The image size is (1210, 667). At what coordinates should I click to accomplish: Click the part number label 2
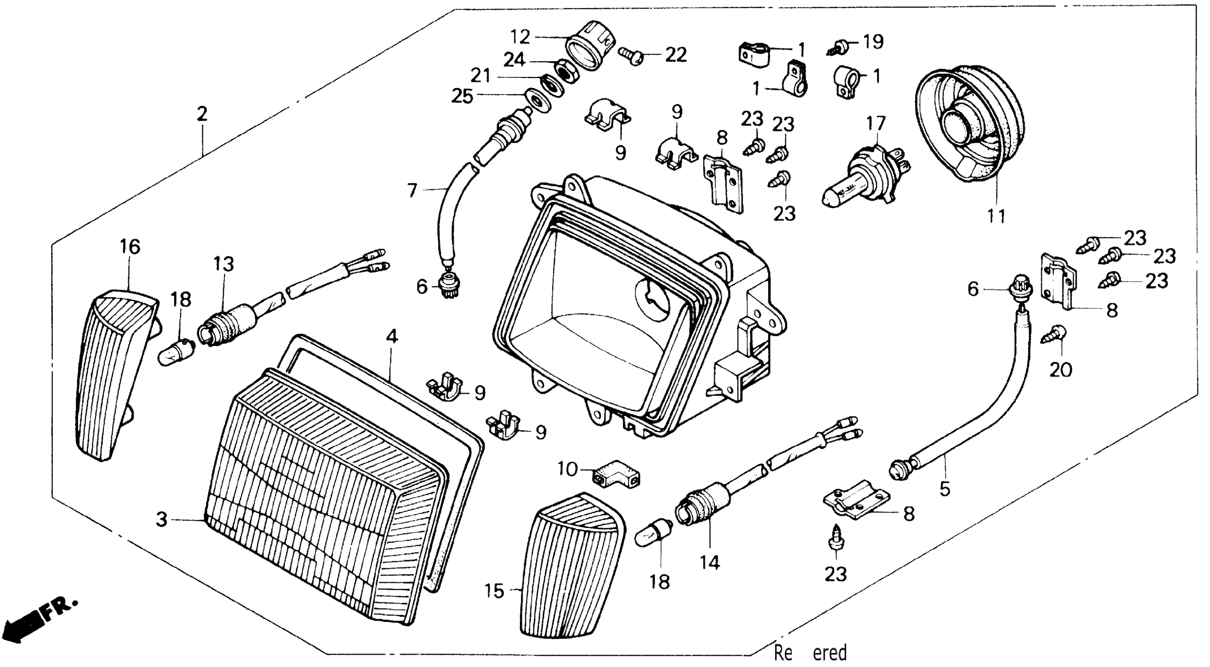click(202, 114)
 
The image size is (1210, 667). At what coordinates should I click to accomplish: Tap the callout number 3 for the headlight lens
click(162, 519)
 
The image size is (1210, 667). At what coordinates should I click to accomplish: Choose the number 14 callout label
click(709, 562)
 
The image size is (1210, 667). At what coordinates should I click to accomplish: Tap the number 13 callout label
click(223, 264)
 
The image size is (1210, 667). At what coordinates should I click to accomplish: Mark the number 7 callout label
click(412, 190)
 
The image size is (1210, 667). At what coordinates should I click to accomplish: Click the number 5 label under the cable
click(945, 489)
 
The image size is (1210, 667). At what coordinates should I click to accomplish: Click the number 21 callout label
click(481, 75)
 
